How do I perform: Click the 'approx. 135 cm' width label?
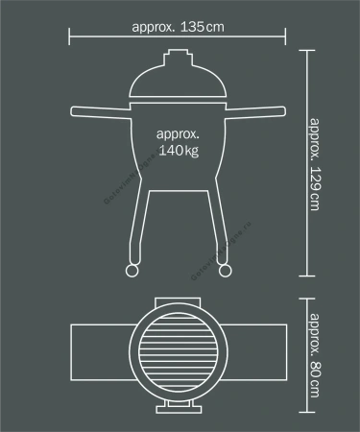coord(179,26)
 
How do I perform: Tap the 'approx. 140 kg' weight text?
coord(179,144)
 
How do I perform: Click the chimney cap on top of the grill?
coord(178,60)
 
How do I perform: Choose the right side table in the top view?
coord(253,353)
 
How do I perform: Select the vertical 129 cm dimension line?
coord(307,163)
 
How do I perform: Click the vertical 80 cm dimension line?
coord(307,355)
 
